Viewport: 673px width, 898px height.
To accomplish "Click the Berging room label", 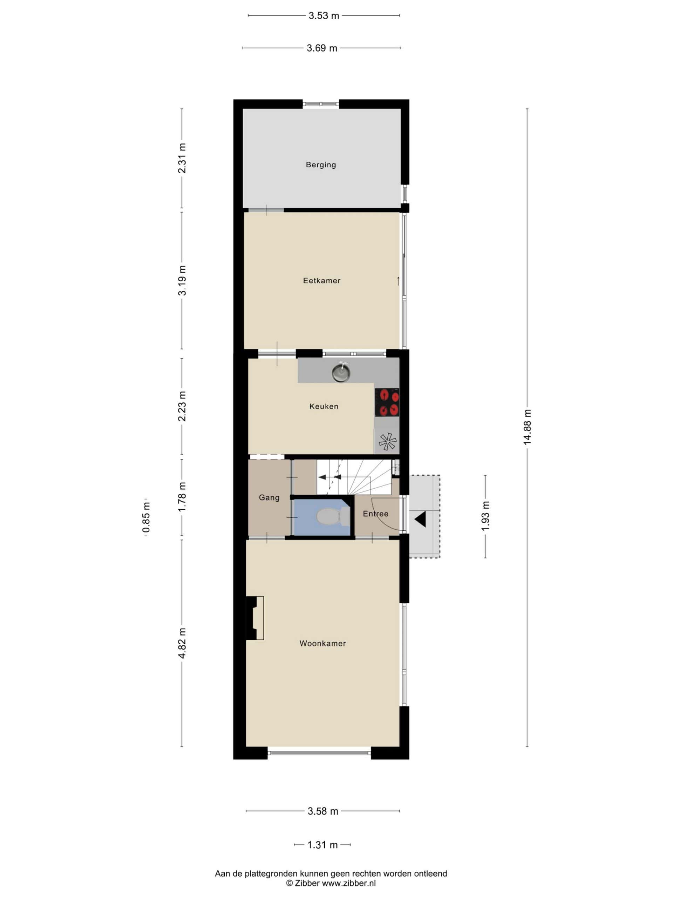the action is pos(320,165).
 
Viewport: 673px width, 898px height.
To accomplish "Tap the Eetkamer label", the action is pos(321,281).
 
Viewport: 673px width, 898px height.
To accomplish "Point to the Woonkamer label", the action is pos(322,643).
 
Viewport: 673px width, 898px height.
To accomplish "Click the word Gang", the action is pos(269,497).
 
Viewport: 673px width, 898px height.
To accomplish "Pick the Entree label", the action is pos(375,514).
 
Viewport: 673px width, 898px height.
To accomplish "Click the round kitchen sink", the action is pos(341,372).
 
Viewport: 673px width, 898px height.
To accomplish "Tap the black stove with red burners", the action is pos(387,402).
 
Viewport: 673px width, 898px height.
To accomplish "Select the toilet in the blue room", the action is pos(332,516).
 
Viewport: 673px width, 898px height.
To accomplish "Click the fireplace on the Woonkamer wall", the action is pos(255,618).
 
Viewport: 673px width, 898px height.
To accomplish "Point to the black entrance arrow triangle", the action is pos(420,519).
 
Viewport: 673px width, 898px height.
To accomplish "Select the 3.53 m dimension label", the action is pos(324,16).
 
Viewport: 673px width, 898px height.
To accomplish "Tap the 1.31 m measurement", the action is pos(322,845).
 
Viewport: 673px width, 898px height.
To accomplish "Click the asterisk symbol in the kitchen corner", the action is pos(387,441).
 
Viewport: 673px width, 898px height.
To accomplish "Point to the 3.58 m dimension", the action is pos(322,811).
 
